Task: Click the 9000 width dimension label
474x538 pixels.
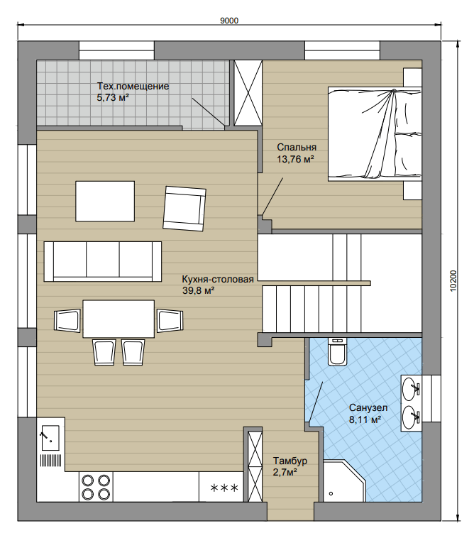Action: [229, 21]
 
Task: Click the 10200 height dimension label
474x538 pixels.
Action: [453, 281]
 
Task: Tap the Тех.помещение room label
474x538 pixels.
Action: [133, 86]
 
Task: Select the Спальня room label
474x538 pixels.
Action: [297, 147]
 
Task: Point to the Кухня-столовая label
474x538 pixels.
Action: [218, 280]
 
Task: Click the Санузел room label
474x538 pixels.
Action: [368, 407]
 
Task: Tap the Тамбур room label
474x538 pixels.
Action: [290, 461]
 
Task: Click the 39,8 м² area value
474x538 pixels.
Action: [198, 291]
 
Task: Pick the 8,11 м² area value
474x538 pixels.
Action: [365, 419]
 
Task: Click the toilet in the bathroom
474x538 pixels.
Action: [338, 351]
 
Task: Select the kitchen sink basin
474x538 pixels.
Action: [50, 438]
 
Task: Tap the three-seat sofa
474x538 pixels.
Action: [103, 261]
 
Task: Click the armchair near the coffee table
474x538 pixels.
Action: [185, 209]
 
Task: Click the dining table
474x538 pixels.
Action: [118, 319]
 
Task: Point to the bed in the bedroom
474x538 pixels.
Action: [375, 134]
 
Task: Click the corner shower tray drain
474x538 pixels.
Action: [331, 494]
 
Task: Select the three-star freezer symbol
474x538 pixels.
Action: [224, 488]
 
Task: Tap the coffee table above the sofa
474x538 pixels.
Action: [105, 202]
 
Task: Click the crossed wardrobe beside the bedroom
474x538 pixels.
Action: [248, 93]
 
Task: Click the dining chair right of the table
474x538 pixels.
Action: [170, 321]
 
